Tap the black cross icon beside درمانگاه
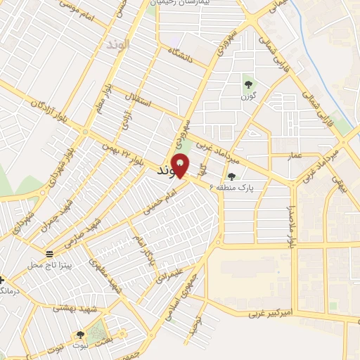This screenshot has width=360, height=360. pos(3,279)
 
